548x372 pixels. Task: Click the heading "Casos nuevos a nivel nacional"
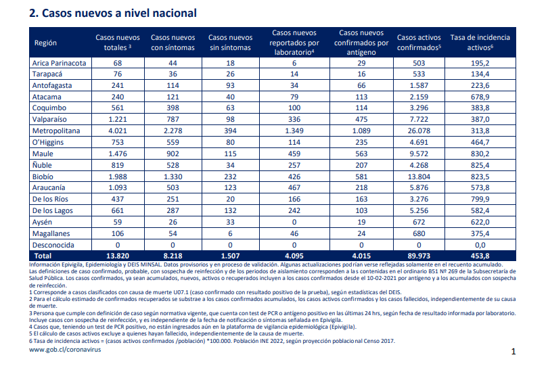pyautogui.click(x=119, y=14)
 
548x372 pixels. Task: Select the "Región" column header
pyautogui.click(x=45, y=43)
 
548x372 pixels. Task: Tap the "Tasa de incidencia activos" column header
pyautogui.click(x=480, y=42)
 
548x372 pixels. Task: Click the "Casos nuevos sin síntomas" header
pyautogui.click(x=230, y=42)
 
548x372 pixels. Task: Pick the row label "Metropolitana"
pyautogui.click(x=56, y=131)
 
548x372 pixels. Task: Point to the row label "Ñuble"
pyautogui.click(x=42, y=165)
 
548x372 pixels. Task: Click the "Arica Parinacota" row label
pyautogui.click(x=59, y=63)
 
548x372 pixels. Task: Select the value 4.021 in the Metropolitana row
pyautogui.click(x=118, y=131)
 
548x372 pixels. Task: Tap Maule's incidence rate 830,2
pyautogui.click(x=480, y=154)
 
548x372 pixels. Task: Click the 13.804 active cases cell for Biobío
pyautogui.click(x=419, y=177)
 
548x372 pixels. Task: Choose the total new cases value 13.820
pyautogui.click(x=118, y=256)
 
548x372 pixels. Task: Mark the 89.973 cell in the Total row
pyautogui.click(x=419, y=256)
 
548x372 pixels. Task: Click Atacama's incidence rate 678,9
pyautogui.click(x=480, y=97)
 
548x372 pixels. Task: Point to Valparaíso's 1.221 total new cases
pyautogui.click(x=118, y=119)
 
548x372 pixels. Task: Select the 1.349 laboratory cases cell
pyautogui.click(x=294, y=131)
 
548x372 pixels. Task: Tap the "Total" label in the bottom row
pyautogui.click(x=43, y=256)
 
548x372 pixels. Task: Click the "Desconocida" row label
pyautogui.click(x=53, y=245)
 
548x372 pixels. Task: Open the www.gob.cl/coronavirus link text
pyautogui.click(x=65, y=349)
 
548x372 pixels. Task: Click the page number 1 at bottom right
pyautogui.click(x=513, y=352)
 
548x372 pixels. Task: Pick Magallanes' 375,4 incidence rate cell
pyautogui.click(x=480, y=233)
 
